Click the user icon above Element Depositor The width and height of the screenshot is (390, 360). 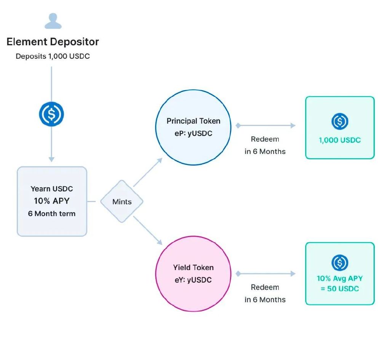tap(53, 21)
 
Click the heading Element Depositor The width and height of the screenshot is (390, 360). tap(53, 42)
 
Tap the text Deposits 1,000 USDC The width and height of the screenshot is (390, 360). tap(53, 56)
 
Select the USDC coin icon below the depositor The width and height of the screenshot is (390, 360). tap(51, 114)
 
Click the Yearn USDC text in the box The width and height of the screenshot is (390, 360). tap(52, 189)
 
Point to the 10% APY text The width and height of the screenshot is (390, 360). tap(52, 201)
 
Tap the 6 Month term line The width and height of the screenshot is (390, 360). tap(52, 213)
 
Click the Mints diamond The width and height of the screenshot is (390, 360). tap(122, 201)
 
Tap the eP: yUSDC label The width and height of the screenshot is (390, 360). tap(193, 134)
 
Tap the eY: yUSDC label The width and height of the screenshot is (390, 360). tap(193, 280)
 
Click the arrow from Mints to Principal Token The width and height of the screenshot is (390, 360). tap(148, 172)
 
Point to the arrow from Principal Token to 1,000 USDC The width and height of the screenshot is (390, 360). tap(265, 126)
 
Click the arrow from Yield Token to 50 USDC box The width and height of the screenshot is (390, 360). tap(265, 274)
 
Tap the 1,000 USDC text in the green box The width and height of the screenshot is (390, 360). tap(340, 140)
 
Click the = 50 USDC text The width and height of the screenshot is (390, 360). tap(340, 289)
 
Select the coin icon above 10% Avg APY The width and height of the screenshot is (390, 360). tap(340, 263)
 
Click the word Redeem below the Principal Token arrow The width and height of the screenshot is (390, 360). tap(265, 139)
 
